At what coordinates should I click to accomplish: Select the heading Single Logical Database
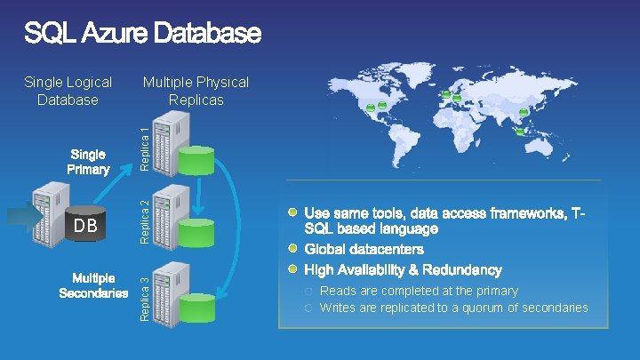[68, 91]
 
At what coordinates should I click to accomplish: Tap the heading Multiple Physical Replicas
[196, 91]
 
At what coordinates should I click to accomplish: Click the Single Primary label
[89, 162]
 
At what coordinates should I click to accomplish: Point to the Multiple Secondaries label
[93, 286]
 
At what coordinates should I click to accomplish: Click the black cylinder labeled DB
[86, 226]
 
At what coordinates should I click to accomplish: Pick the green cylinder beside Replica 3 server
[196, 307]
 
